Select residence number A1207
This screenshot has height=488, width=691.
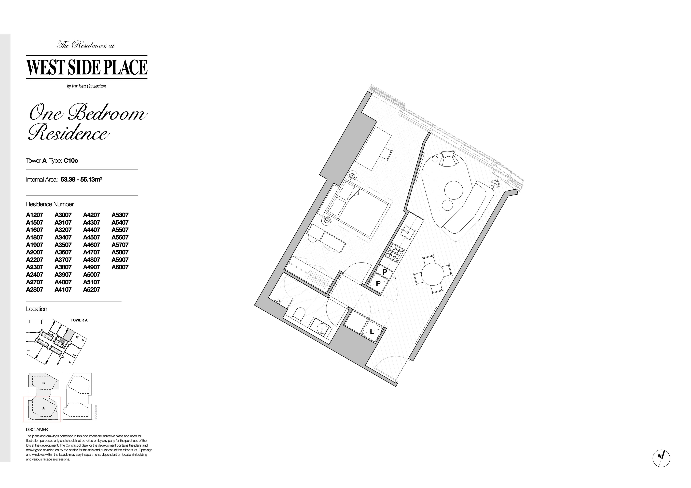35,215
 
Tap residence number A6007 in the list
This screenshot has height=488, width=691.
120,267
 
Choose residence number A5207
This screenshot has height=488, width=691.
91,289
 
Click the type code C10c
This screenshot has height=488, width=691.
71,161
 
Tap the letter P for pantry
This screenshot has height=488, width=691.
385,272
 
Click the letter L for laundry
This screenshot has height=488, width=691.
372,332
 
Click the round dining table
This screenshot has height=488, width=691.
433,274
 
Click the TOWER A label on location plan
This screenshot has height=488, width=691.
79,320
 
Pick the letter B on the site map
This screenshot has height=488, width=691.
44,383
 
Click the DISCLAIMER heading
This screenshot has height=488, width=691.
37,430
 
